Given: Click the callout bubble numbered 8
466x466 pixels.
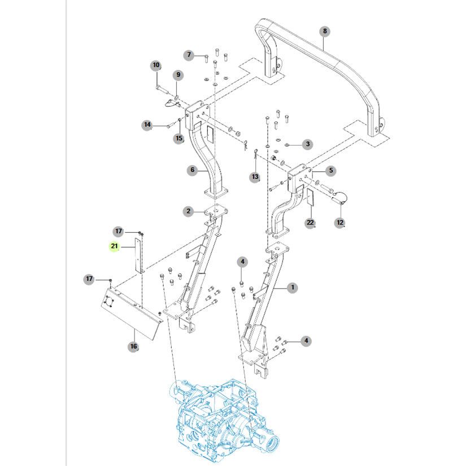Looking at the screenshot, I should pyautogui.click(x=324, y=31).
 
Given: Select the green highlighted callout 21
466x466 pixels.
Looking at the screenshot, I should pyautogui.click(x=115, y=246).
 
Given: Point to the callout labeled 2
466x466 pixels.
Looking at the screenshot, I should pyautogui.click(x=188, y=211).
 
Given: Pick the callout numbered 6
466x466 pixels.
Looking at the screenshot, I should pyautogui.click(x=189, y=55).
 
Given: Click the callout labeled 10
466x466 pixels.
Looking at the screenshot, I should pyautogui.click(x=156, y=66).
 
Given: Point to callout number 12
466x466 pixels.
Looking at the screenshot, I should pyautogui.click(x=339, y=223).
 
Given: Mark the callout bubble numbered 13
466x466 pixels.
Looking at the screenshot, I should pyautogui.click(x=255, y=177).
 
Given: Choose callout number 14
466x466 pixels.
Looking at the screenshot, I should pyautogui.click(x=147, y=124).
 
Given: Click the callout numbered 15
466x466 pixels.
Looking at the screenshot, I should pyautogui.click(x=178, y=138).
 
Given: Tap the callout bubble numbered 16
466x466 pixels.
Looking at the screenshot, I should pyautogui.click(x=133, y=346).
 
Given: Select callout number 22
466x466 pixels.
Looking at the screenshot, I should pyautogui.click(x=310, y=223).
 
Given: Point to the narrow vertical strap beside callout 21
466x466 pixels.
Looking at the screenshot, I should pyautogui.click(x=138, y=256).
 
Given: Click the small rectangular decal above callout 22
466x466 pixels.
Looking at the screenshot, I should pyautogui.click(x=310, y=198).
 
